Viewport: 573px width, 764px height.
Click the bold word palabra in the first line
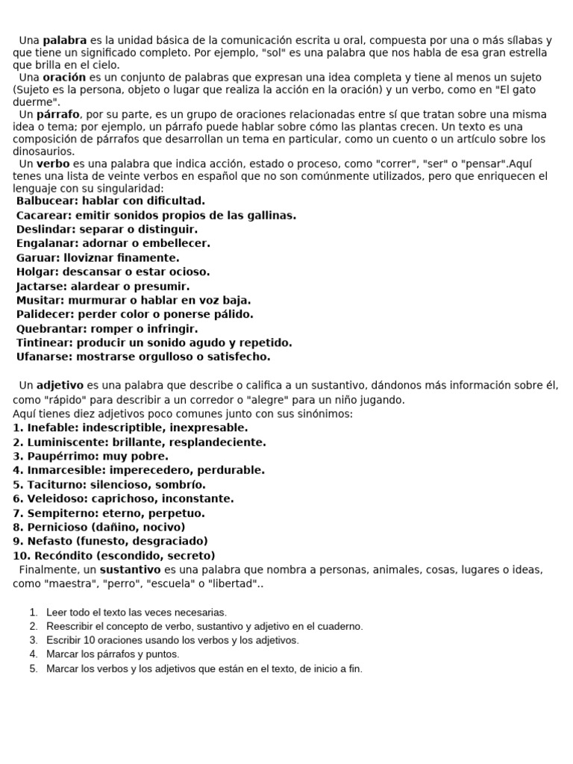[64, 40]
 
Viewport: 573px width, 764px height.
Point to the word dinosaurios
[44, 151]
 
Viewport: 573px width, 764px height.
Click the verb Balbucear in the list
[46, 201]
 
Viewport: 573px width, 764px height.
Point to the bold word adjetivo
[60, 385]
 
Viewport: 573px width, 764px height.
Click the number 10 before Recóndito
[20, 555]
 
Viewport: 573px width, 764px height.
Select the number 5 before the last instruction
[34, 668]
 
